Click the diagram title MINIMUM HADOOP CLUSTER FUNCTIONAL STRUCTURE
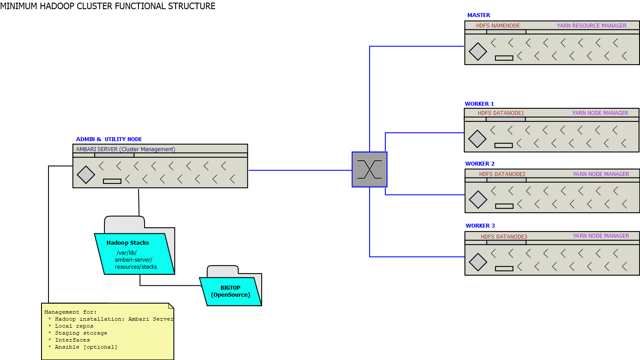(x=107, y=6)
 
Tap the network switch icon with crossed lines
(x=370, y=170)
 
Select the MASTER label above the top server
(x=478, y=15)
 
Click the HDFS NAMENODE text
(x=498, y=26)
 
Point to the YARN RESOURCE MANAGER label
(x=591, y=26)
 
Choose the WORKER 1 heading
(x=479, y=104)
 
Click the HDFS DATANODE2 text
(x=502, y=174)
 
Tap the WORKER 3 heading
(x=480, y=226)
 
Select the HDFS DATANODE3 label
(x=504, y=237)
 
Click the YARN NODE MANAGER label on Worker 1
(x=600, y=113)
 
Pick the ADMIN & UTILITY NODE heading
(x=109, y=139)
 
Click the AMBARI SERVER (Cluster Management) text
(x=125, y=149)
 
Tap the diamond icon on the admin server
(x=86, y=175)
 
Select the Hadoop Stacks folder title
(x=128, y=243)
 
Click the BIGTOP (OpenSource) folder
(x=230, y=291)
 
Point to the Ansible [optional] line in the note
(x=86, y=347)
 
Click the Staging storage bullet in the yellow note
(x=81, y=333)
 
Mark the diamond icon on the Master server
(x=477, y=52)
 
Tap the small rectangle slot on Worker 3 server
(x=504, y=269)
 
